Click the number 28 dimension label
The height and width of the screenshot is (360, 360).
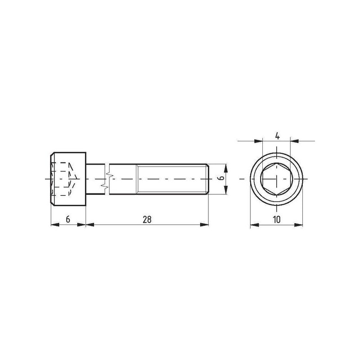[x=147, y=220]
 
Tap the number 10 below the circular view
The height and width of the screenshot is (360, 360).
[x=277, y=220]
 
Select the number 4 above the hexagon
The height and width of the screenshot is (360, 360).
[x=277, y=136]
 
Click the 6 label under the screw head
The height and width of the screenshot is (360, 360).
[x=68, y=220]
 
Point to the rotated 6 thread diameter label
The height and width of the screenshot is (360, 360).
[x=221, y=178]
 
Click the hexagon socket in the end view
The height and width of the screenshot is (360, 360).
[x=276, y=179]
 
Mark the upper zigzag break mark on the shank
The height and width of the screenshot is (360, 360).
[x=110, y=175]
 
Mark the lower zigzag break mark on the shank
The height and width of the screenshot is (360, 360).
[x=105, y=186]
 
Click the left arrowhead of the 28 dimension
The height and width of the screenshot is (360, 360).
[x=90, y=225]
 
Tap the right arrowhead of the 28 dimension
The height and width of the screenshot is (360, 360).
[x=204, y=225]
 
